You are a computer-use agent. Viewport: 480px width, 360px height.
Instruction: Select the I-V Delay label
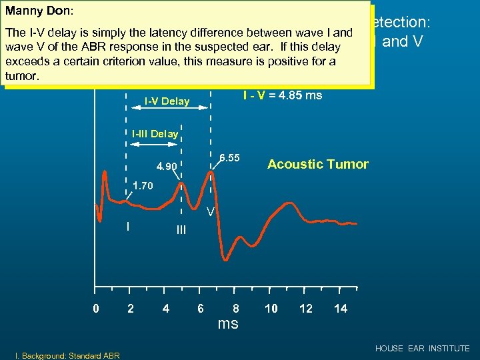[x=167, y=102]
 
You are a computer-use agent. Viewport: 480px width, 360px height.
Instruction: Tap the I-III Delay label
[x=155, y=134]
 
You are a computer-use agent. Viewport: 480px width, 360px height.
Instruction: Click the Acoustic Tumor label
[x=317, y=164]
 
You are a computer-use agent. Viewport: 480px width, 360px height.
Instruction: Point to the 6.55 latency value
[x=229, y=157]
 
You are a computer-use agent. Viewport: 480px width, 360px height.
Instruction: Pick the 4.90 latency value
[x=167, y=166]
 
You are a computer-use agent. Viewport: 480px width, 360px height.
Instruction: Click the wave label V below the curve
[x=209, y=213]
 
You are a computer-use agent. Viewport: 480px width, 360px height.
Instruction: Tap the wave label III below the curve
[x=181, y=230]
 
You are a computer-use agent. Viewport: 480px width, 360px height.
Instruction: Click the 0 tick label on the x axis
[x=96, y=309]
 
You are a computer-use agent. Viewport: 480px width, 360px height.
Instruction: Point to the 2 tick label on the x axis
[x=131, y=309]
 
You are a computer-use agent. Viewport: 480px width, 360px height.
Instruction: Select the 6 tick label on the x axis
[x=201, y=309]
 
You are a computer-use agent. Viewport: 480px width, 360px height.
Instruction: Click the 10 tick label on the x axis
[x=271, y=309]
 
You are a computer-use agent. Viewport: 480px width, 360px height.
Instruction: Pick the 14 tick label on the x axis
[x=340, y=309]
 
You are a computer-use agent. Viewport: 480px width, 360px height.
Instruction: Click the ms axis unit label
[x=227, y=324]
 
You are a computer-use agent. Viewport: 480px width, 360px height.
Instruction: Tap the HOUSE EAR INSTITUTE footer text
[x=422, y=349]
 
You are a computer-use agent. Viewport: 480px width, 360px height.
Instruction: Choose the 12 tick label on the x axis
[x=305, y=309]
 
